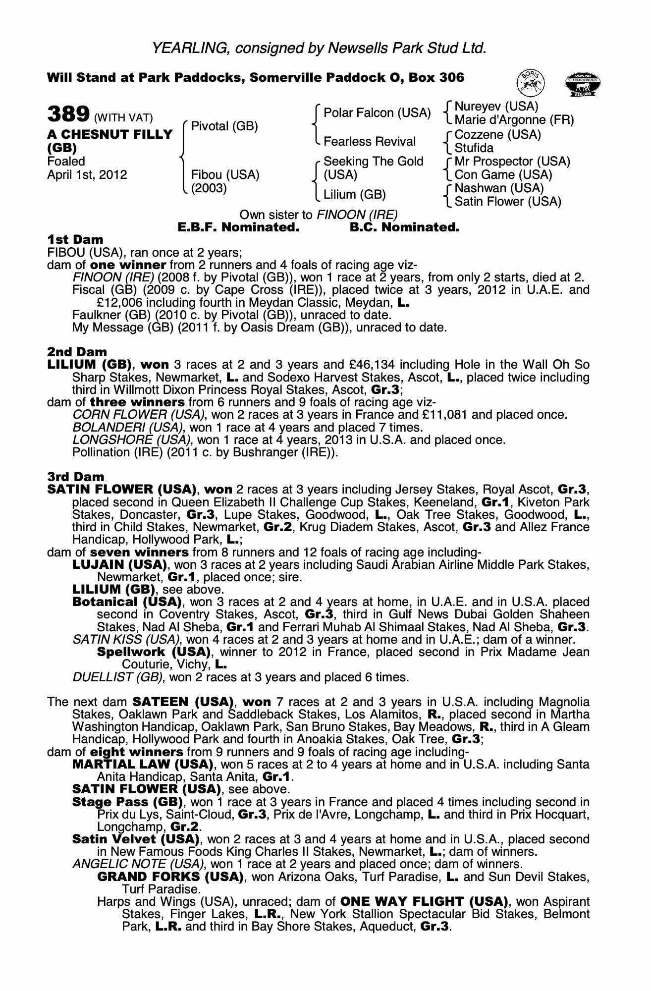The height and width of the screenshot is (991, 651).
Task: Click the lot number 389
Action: [67, 114]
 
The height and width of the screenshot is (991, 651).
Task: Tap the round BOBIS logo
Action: [531, 83]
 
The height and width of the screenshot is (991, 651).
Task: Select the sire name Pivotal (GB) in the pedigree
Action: [224, 126]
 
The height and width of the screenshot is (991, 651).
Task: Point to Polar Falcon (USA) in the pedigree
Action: [377, 113]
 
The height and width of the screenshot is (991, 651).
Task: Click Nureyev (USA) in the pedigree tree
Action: [496, 107]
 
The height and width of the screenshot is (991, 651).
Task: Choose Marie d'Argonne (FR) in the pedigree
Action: [514, 120]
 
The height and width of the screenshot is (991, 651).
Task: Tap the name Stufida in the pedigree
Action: [474, 148]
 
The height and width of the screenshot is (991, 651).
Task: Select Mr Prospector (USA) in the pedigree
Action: [512, 162]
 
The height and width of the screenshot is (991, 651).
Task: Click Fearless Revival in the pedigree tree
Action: [369, 142]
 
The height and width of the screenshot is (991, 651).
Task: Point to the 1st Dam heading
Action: [75, 240]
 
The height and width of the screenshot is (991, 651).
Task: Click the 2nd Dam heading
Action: [77, 352]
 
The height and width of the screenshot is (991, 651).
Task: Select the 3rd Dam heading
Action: [76, 477]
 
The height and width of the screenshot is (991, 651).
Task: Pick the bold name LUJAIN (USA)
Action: [119, 565]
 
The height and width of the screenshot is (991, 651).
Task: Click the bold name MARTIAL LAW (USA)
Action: [143, 765]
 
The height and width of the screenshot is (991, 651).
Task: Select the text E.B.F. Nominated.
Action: [238, 228]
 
